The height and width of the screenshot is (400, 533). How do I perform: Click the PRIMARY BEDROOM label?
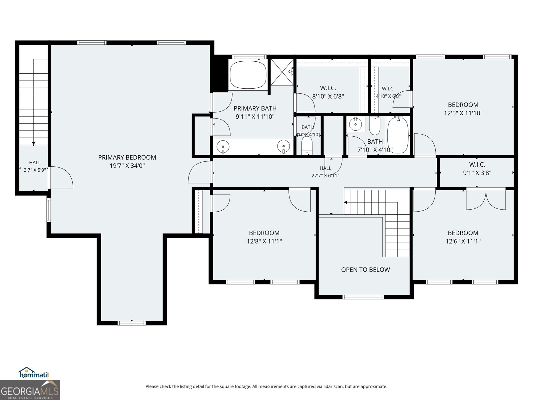click(127, 157)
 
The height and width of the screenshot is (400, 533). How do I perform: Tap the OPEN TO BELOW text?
click(365, 270)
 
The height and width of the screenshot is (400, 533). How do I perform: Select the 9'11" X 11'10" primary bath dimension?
click(255, 117)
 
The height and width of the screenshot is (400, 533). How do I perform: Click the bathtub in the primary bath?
click(248, 75)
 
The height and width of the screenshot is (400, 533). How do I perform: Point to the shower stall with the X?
click(282, 72)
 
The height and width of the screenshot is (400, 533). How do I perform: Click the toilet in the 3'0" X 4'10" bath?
click(307, 145)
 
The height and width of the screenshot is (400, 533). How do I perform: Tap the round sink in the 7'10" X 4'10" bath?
click(355, 124)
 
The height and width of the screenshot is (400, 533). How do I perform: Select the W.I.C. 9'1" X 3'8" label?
click(477, 169)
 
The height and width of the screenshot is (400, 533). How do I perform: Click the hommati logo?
click(34, 373)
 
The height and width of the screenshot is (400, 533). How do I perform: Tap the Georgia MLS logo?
click(30, 390)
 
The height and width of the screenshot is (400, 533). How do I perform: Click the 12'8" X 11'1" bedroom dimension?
click(264, 241)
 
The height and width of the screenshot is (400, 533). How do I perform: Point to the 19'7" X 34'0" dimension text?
click(127, 166)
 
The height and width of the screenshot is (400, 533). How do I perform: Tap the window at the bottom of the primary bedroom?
click(132, 323)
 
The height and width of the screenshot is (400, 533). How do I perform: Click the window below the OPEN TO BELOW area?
click(363, 297)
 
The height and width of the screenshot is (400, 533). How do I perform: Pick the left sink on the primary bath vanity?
click(223, 147)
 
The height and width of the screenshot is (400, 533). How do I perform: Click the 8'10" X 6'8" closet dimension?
click(328, 96)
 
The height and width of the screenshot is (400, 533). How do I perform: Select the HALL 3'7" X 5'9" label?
click(35, 166)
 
